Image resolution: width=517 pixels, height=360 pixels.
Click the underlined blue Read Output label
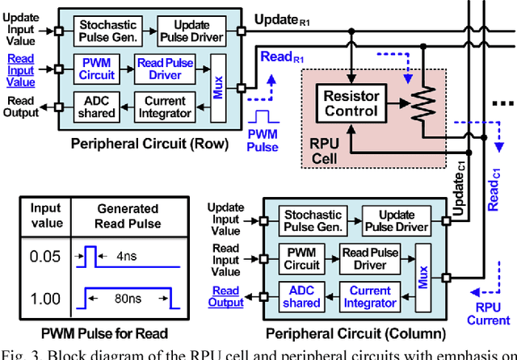[x=225, y=296]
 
